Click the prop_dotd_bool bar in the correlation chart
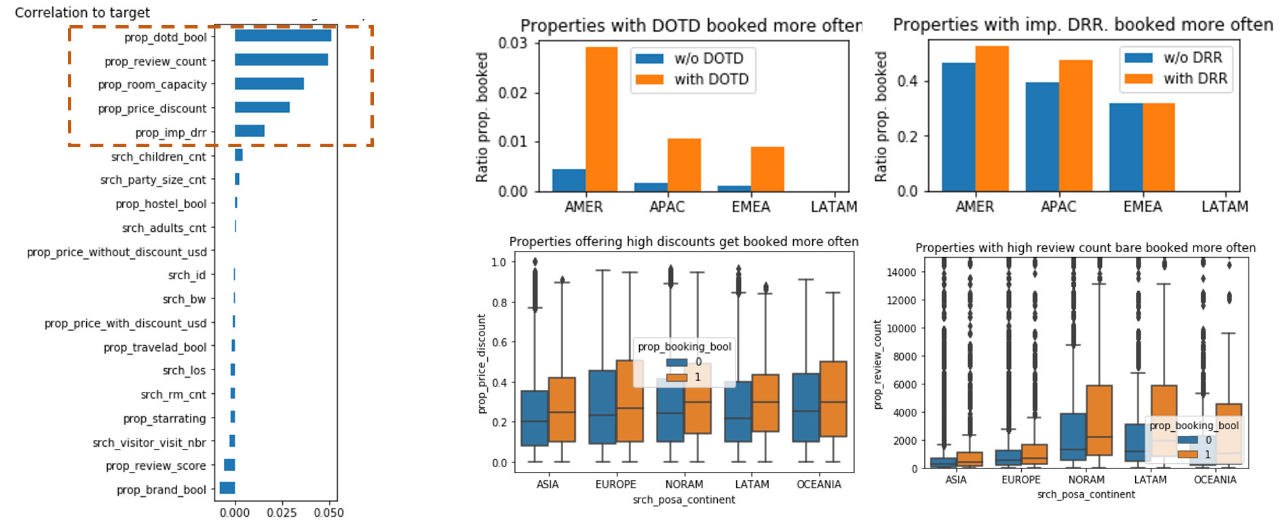(x=283, y=36)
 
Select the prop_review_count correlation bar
(x=282, y=60)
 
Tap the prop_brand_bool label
(x=161, y=489)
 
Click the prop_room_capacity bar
(x=269, y=84)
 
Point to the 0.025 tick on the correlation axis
(x=282, y=513)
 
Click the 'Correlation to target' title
(x=82, y=12)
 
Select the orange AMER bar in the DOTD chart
(x=601, y=119)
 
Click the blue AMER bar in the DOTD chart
(x=569, y=180)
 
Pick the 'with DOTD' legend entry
(x=693, y=79)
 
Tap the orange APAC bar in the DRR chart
(x=1075, y=125)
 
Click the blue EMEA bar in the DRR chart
(x=1126, y=147)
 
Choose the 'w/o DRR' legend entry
(x=1174, y=58)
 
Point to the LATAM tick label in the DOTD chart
(x=834, y=207)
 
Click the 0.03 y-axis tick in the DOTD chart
(x=512, y=43)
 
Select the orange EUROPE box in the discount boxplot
(x=630, y=401)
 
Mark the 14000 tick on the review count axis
(x=901, y=273)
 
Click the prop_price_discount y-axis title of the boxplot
(x=482, y=363)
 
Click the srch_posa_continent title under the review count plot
(x=1086, y=494)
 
